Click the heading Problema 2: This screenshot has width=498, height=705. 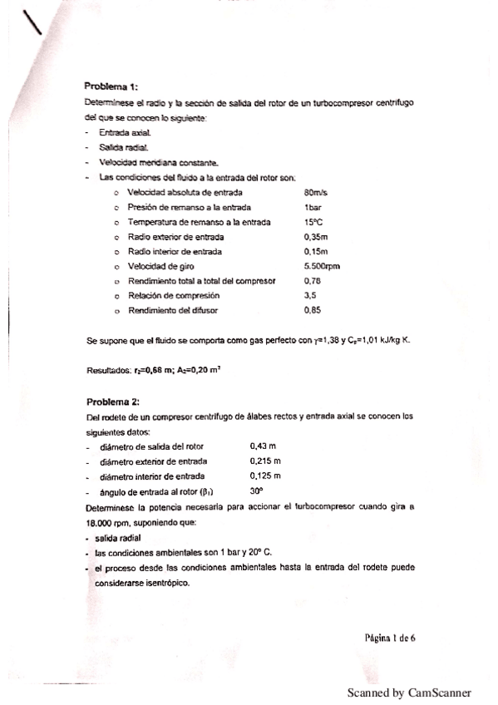click(x=112, y=402)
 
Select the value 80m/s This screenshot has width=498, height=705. click(x=316, y=192)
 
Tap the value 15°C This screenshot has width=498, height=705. click(x=313, y=222)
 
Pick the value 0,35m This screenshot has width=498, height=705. click(x=316, y=237)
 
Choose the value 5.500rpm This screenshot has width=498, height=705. click(x=323, y=267)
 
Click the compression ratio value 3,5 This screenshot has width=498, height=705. click(x=311, y=296)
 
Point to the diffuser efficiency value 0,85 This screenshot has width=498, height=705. click(x=313, y=311)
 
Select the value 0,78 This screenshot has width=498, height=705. click(x=313, y=281)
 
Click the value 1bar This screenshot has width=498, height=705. click(x=313, y=207)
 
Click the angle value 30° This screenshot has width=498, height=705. click(x=259, y=491)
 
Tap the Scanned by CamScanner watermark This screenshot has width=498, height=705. click(x=409, y=693)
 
